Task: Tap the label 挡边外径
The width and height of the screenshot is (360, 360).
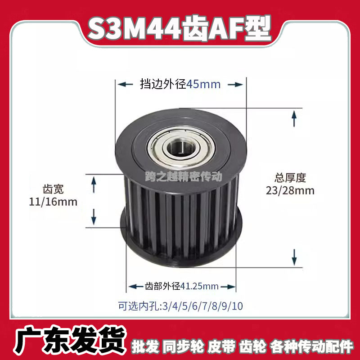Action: pos(161,84)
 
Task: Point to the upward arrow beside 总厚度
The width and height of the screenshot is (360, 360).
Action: pos(294,119)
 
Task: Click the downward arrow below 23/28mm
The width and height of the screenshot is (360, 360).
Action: pos(294,256)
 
